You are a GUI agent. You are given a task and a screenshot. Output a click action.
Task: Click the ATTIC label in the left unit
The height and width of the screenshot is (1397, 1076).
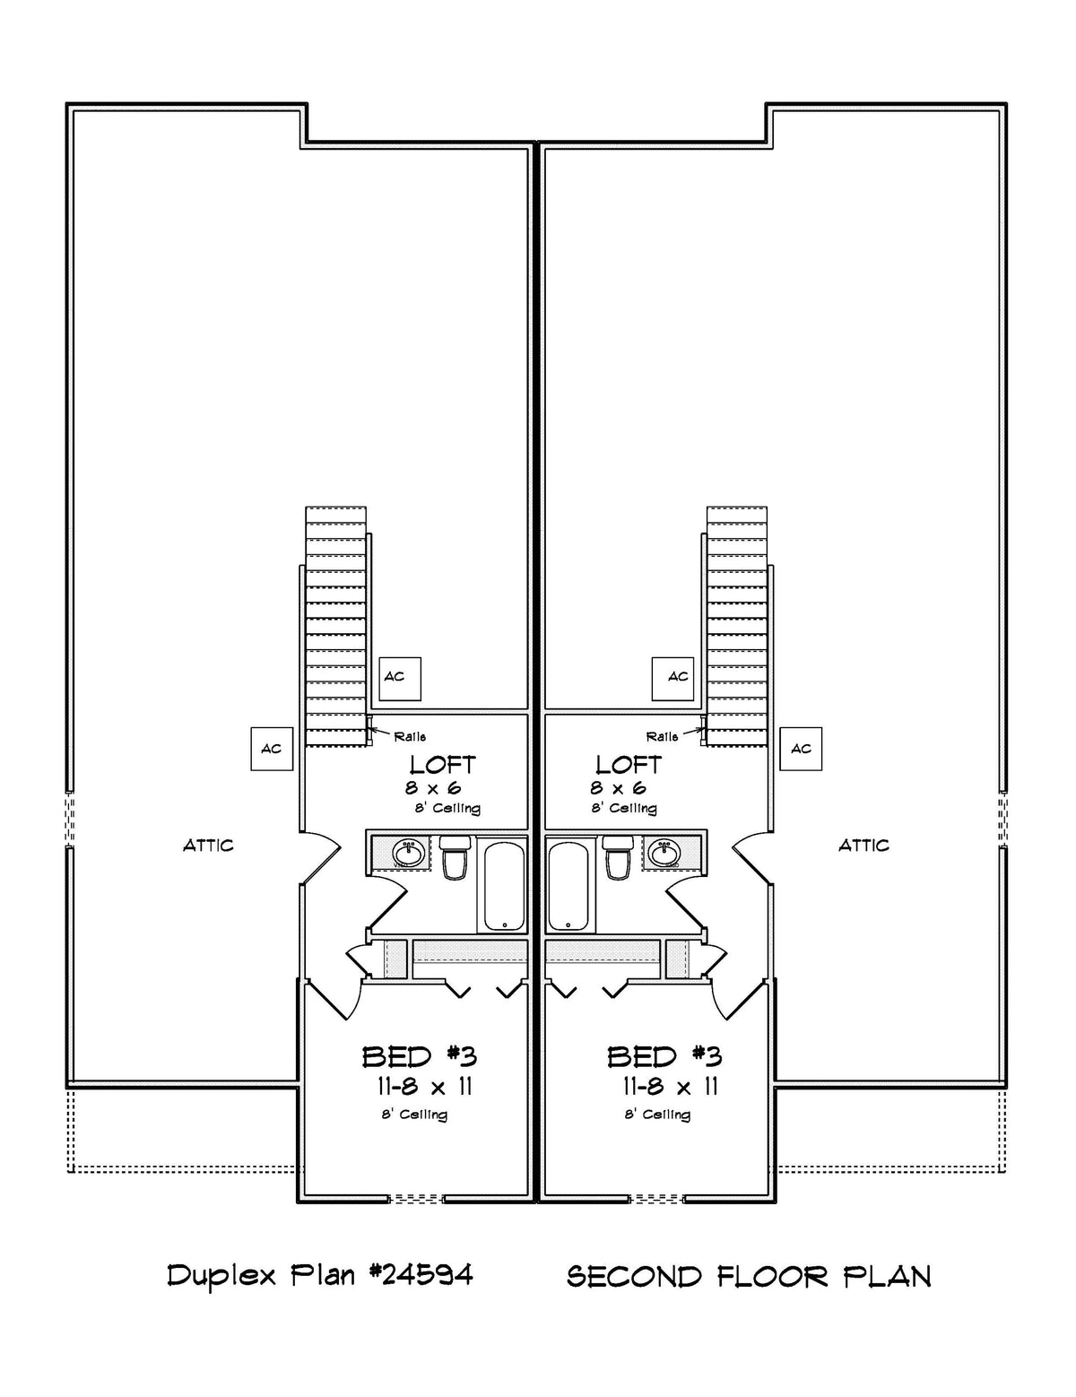click(x=208, y=845)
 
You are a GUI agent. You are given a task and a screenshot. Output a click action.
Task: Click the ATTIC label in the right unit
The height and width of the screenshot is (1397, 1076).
click(x=863, y=845)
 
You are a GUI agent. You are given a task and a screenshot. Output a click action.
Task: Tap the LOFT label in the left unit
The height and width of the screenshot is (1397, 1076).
click(x=442, y=765)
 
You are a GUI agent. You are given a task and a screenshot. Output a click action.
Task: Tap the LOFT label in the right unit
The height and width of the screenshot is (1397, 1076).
click(x=629, y=765)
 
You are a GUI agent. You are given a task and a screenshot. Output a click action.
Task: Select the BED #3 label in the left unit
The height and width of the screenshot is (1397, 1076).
click(x=419, y=1056)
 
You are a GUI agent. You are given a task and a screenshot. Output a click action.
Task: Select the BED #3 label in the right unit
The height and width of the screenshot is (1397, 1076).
click(x=664, y=1056)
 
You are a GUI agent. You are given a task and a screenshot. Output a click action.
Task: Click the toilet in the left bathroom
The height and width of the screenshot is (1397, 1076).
click(x=455, y=859)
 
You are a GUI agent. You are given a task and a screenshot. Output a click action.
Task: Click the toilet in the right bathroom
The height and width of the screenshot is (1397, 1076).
click(x=618, y=859)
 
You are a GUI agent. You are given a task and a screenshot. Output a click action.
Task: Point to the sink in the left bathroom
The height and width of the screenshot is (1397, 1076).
click(x=409, y=852)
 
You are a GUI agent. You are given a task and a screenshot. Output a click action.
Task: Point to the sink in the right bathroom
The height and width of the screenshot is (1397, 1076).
click(x=664, y=852)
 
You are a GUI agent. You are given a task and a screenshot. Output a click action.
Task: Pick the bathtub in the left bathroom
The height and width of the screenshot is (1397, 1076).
click(x=506, y=884)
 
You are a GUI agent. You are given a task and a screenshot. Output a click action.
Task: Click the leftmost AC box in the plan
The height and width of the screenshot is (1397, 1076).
click(x=271, y=748)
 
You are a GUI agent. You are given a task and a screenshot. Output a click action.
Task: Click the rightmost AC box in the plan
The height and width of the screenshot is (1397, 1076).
click(x=801, y=748)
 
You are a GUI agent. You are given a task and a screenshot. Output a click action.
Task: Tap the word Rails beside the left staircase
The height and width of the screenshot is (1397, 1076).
click(x=410, y=736)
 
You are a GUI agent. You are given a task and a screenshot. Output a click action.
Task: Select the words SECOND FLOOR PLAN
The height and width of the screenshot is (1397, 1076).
click(x=749, y=1275)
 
